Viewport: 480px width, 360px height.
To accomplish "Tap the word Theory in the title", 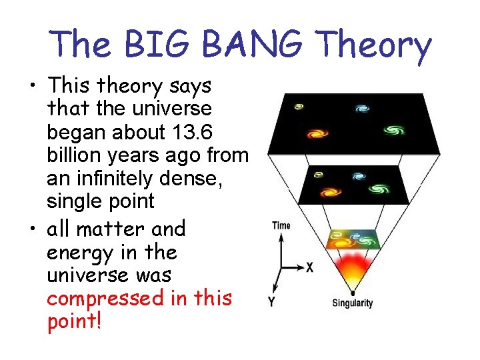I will [x=374, y=45].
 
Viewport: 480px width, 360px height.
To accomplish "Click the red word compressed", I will [x=106, y=298].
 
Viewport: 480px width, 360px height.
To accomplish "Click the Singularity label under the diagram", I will [x=352, y=303].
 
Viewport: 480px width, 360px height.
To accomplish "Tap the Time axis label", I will [x=281, y=225].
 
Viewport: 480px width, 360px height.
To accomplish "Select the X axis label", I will [x=309, y=267].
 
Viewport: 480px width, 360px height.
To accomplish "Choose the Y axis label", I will [x=271, y=302].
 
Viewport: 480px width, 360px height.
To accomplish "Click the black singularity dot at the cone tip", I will [x=351, y=292].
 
